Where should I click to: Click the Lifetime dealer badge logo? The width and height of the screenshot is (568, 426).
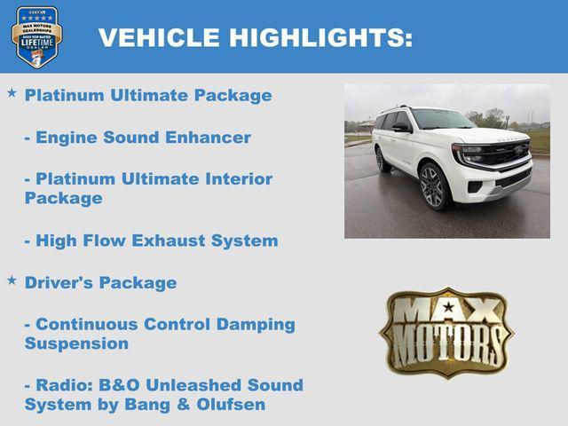tap(36, 36)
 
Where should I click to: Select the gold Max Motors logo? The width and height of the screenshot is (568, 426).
tap(446, 331)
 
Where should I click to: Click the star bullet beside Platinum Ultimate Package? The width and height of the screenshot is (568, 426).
tap(12, 92)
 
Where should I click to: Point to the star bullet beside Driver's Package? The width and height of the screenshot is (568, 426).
tap(12, 280)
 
